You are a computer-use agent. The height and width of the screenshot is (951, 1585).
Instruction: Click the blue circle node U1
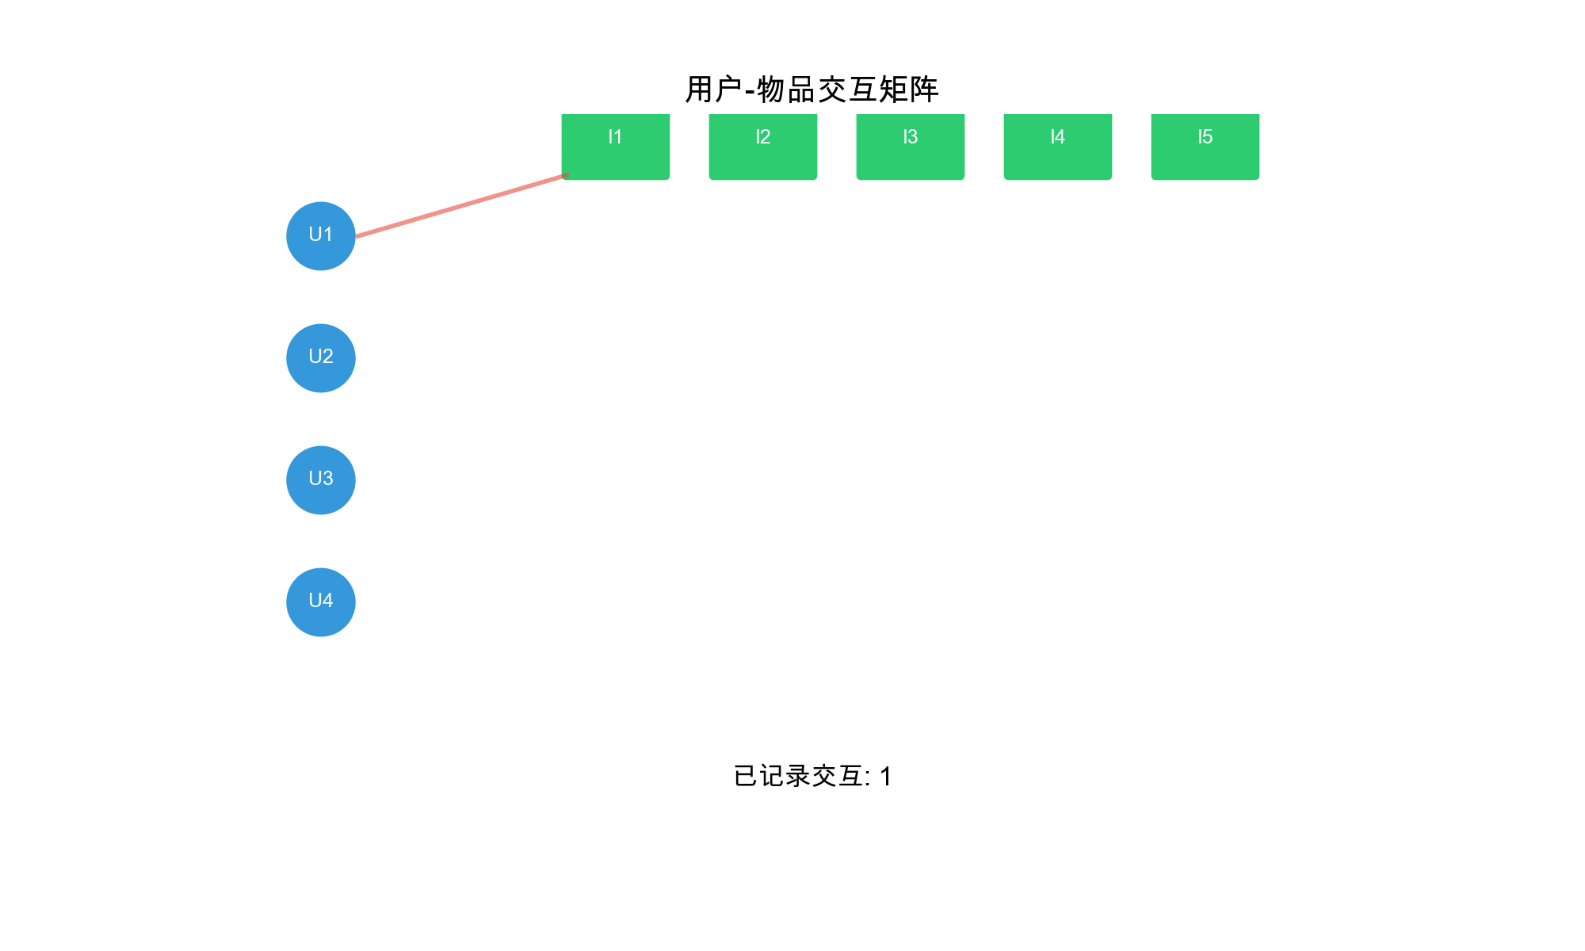tap(320, 236)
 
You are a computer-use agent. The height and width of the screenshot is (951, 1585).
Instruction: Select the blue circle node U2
tap(320, 358)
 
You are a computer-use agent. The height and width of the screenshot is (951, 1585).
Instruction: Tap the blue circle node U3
tap(320, 480)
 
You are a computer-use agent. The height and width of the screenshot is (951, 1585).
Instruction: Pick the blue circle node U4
tap(320, 602)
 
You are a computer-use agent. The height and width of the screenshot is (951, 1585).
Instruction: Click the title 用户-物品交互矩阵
tap(812, 90)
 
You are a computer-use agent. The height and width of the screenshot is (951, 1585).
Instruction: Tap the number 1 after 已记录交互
tap(886, 777)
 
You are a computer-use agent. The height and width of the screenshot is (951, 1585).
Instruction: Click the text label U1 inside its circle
tap(320, 235)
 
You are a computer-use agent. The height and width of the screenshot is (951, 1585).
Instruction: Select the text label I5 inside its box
tap(1205, 137)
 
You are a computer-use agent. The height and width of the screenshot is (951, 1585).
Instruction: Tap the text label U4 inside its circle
tap(320, 601)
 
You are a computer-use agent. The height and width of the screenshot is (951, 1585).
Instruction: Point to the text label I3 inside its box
tap(911, 137)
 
